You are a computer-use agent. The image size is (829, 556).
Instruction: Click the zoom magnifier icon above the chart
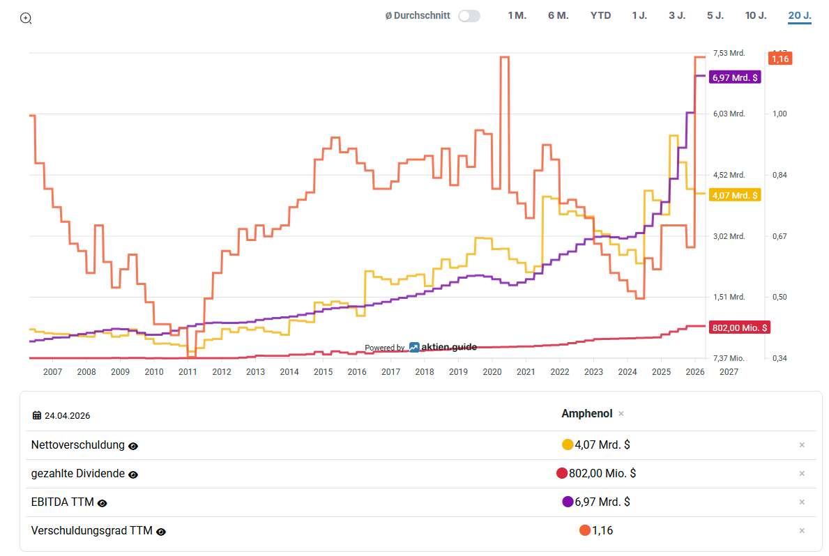click(x=25, y=19)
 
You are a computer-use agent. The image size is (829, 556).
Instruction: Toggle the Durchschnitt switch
click(x=469, y=16)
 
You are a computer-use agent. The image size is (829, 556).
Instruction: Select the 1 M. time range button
click(x=517, y=16)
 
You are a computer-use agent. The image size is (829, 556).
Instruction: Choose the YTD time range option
click(x=600, y=16)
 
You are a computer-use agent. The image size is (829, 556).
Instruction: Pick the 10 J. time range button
click(x=756, y=16)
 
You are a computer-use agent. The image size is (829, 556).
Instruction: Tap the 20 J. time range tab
click(x=800, y=16)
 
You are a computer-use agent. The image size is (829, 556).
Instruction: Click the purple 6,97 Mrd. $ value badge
click(x=735, y=78)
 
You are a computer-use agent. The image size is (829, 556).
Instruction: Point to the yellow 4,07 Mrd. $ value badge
click(x=735, y=196)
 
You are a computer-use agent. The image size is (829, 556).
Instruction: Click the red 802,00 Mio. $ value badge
click(x=739, y=327)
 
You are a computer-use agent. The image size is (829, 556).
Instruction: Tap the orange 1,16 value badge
click(x=779, y=59)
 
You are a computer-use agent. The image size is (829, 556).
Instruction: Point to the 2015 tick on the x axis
click(x=323, y=372)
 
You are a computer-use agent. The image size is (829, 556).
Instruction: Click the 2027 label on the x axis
click(x=729, y=372)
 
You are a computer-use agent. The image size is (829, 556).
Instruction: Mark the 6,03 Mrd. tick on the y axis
click(x=729, y=114)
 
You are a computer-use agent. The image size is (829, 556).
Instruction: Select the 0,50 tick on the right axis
click(x=779, y=297)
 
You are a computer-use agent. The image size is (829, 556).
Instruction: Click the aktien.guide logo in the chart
click(x=443, y=347)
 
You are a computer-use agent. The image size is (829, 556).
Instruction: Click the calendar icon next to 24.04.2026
click(x=36, y=415)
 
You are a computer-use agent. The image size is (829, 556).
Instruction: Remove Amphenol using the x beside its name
click(x=621, y=414)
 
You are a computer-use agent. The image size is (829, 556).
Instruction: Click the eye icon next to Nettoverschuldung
click(x=133, y=446)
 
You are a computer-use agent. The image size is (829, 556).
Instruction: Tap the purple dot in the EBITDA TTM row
click(x=568, y=502)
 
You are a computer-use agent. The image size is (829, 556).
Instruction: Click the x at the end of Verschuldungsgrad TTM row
click(x=802, y=531)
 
